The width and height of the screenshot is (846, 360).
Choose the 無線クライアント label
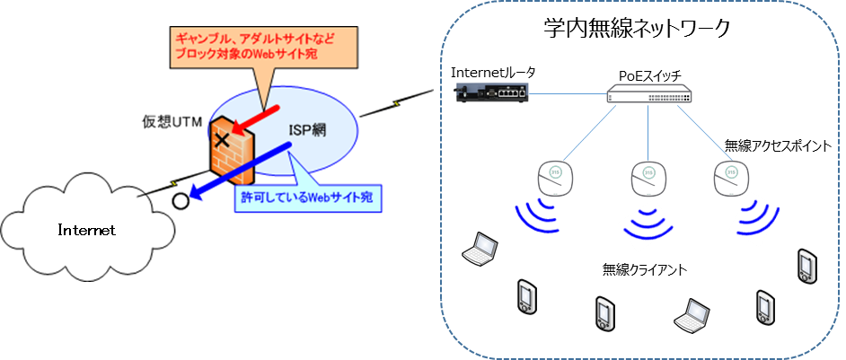[x=647, y=267]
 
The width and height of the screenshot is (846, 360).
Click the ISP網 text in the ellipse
[x=306, y=131]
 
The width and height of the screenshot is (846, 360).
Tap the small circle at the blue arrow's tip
[x=181, y=199]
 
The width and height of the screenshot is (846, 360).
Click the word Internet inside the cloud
[x=87, y=231]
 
